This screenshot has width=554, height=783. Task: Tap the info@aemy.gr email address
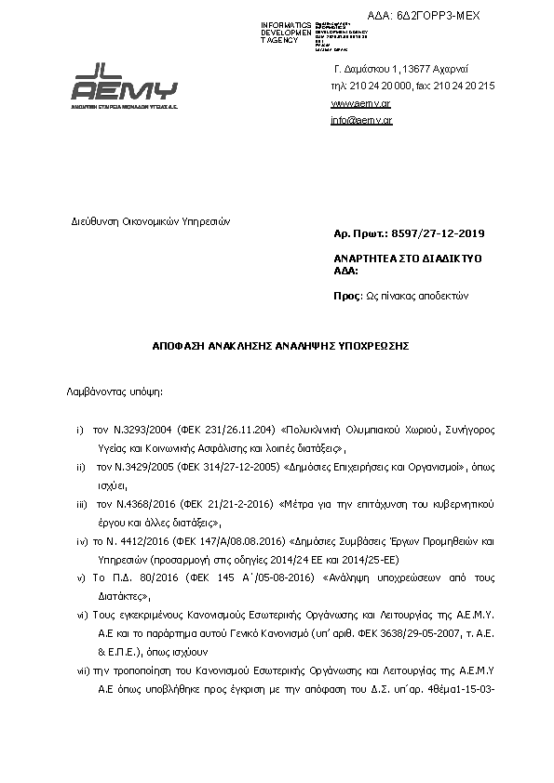360,120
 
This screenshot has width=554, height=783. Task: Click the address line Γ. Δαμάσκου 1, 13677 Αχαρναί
400,70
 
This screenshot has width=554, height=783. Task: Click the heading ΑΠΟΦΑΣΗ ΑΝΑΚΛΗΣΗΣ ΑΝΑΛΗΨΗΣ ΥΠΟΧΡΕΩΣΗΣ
281,345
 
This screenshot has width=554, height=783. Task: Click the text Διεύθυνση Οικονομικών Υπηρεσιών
151,221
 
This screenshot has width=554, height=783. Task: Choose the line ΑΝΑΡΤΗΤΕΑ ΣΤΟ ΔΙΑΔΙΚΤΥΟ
406,258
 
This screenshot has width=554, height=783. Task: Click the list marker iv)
81,540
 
